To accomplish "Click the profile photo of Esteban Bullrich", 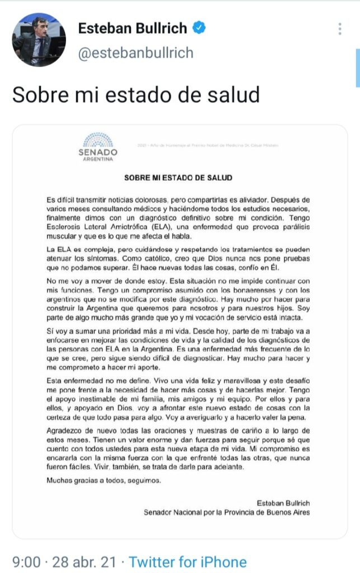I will pos(39,40).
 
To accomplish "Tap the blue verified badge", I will pos(199,27).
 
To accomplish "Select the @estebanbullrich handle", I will pos(135,53).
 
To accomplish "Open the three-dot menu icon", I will pos(340,29).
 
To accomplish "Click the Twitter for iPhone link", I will pos(188,561).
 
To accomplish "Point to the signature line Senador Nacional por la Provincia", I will pos(226,512).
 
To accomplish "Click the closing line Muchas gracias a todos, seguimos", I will pos(96,480).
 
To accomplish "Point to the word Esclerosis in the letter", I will pos(64,227).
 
